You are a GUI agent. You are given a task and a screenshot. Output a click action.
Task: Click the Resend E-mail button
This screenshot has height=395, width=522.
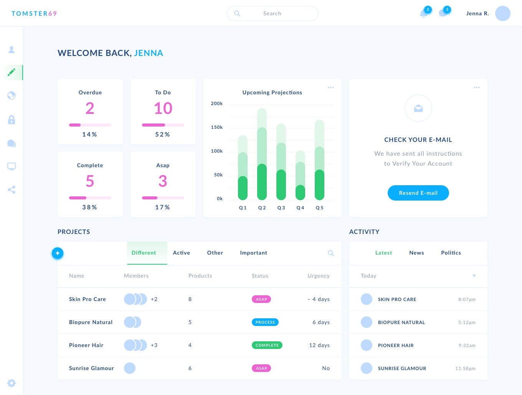point(418,193)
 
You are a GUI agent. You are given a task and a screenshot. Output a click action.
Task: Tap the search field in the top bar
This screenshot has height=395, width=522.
point(272,13)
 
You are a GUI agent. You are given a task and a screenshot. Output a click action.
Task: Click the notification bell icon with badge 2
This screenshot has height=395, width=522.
point(424,14)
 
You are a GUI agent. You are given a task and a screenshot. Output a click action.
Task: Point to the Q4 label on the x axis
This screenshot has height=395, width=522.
point(300,208)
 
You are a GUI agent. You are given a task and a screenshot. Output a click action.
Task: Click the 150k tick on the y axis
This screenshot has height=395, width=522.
point(217,127)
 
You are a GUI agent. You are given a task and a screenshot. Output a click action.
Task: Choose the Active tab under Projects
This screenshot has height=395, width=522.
point(181,253)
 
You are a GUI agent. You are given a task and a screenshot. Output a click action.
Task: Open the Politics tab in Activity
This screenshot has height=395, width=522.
point(451,253)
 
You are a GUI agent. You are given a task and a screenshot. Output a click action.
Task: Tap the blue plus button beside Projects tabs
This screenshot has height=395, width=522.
point(58,253)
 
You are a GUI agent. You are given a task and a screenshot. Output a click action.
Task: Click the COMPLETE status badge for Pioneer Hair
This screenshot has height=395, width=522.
point(267,345)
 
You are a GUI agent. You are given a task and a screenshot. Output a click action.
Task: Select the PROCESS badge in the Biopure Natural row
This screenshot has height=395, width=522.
point(265,322)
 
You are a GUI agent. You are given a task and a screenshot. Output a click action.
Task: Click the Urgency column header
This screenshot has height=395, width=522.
point(318,276)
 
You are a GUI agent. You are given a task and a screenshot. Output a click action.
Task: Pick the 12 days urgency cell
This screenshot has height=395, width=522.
point(319,345)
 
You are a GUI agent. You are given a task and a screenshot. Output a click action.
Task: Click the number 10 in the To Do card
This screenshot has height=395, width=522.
point(163,109)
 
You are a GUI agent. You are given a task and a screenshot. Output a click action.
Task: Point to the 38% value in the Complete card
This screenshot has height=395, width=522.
point(89,207)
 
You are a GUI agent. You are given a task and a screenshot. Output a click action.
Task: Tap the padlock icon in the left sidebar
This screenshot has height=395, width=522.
point(12,120)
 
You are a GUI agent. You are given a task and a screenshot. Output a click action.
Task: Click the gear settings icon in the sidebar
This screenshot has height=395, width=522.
point(12,383)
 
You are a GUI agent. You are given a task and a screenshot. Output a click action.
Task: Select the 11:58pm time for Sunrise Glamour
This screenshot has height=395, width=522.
point(465,369)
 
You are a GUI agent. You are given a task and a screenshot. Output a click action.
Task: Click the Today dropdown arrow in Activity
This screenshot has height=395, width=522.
point(474,276)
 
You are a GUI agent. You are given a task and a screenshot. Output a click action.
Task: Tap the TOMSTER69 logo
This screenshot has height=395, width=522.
point(34,13)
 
